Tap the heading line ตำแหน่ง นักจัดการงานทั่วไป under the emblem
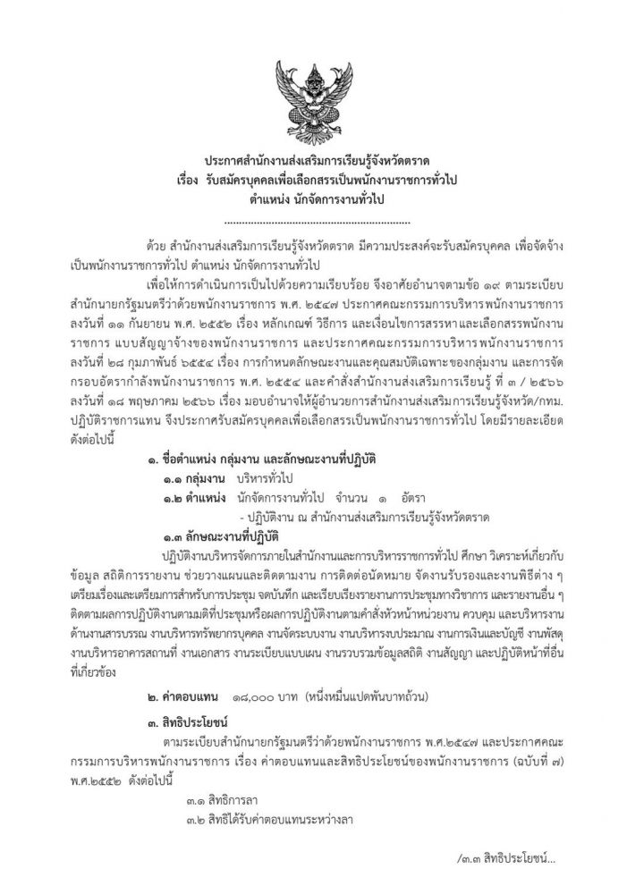coord(314,199)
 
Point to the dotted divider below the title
coord(314,219)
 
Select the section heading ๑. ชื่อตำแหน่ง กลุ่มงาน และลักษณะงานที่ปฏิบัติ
coord(259,460)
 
